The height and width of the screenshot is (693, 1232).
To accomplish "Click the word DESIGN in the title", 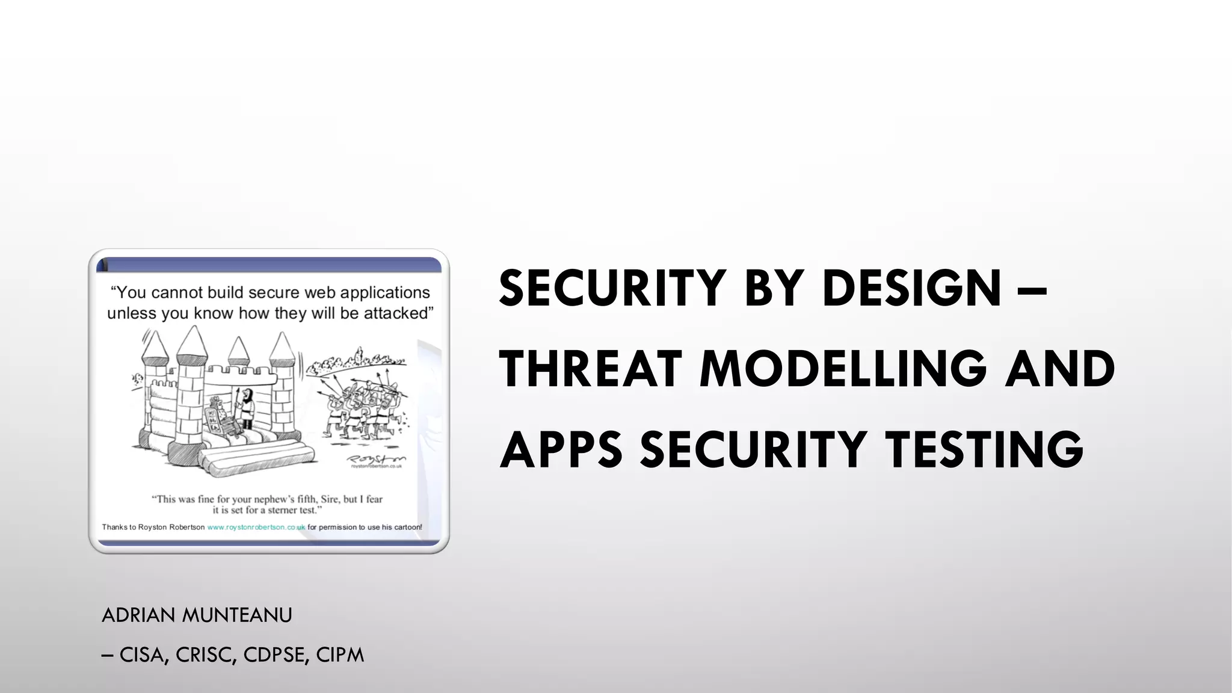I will pyautogui.click(x=911, y=288).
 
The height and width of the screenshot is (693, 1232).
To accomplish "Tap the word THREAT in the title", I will pyautogui.click(x=590, y=369).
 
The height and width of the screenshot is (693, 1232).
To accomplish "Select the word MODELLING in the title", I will pyautogui.click(x=843, y=369).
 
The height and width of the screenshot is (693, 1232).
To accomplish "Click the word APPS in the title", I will pyautogui.click(x=561, y=449).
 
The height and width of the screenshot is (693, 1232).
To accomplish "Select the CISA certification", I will pyautogui.click(x=144, y=655).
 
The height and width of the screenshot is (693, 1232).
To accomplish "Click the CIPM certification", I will pyautogui.click(x=340, y=655).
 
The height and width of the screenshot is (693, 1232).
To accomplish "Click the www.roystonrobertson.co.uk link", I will pyautogui.click(x=256, y=527).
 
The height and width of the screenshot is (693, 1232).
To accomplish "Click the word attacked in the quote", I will pyautogui.click(x=398, y=313).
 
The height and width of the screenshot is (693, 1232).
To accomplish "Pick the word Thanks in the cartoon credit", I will pyautogui.click(x=114, y=527).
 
